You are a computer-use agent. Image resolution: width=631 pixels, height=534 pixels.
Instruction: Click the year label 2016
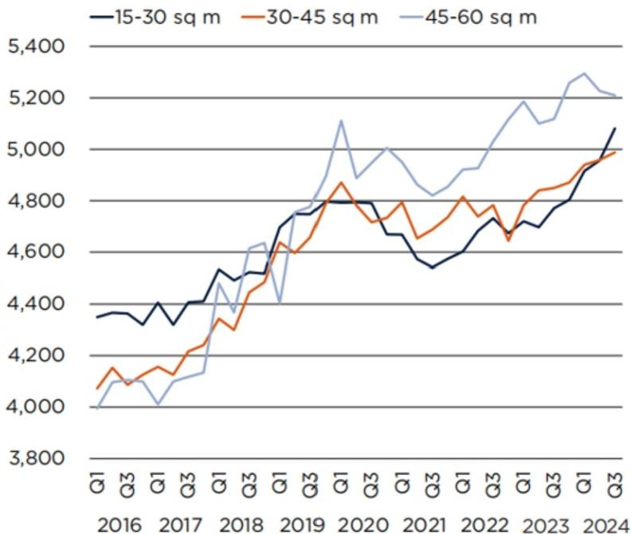pyautogui.click(x=124, y=524)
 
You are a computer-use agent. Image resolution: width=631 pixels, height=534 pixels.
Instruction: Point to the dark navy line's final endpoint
pyautogui.click(x=615, y=128)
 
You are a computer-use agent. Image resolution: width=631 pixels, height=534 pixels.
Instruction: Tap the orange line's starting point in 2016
pyautogui.click(x=96, y=388)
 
